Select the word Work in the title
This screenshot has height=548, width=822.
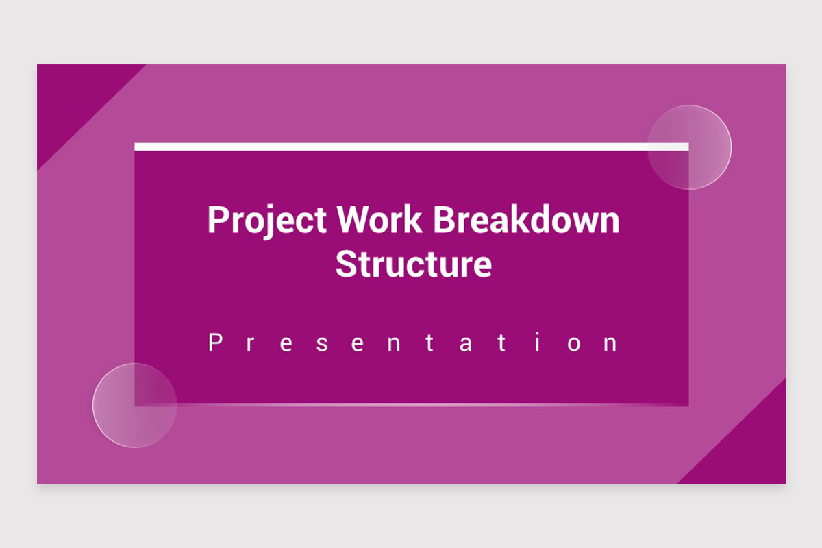pyautogui.click(x=380, y=220)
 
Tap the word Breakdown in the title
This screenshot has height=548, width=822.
pyautogui.click(x=527, y=220)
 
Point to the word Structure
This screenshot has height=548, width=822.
pyautogui.click(x=414, y=264)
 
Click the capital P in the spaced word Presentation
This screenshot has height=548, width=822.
pyautogui.click(x=214, y=342)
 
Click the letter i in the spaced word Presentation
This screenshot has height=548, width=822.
pyautogui.click(x=538, y=342)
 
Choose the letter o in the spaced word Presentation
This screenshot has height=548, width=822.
pyautogui.click(x=573, y=345)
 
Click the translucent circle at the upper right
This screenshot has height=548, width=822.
pyautogui.click(x=689, y=147)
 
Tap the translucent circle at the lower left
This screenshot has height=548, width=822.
pyautogui.click(x=135, y=406)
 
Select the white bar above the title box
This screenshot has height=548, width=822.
pyautogui.click(x=411, y=147)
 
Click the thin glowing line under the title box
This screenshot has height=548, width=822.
pyautogui.click(x=411, y=406)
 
